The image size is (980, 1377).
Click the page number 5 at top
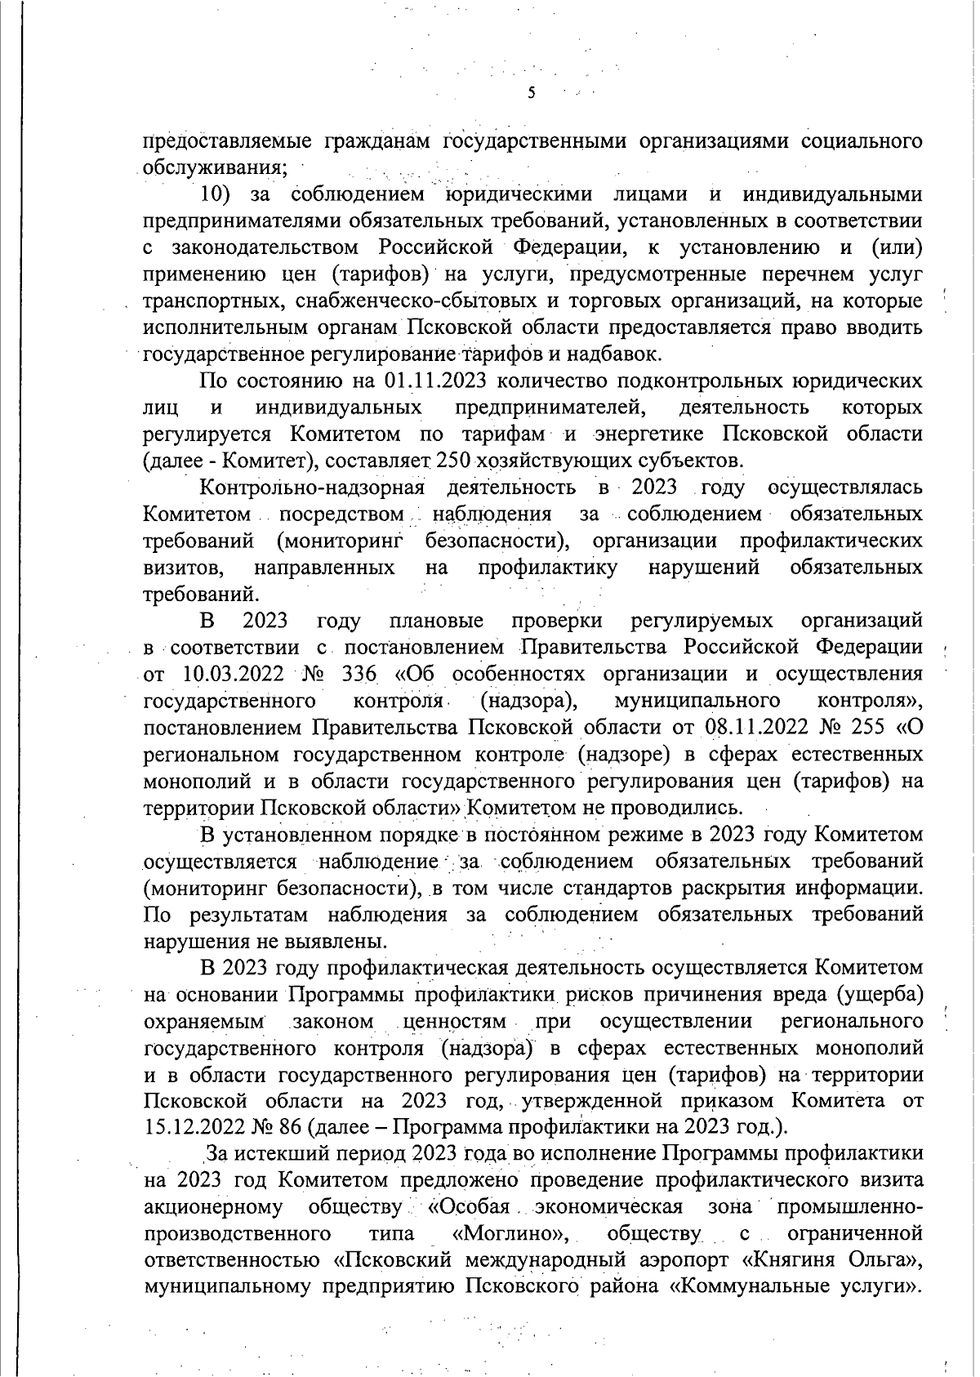(x=532, y=92)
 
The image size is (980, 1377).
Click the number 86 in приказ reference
(x=291, y=1128)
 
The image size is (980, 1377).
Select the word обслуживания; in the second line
(x=215, y=168)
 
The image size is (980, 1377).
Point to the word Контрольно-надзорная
(x=313, y=488)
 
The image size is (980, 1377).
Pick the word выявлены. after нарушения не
(x=336, y=941)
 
